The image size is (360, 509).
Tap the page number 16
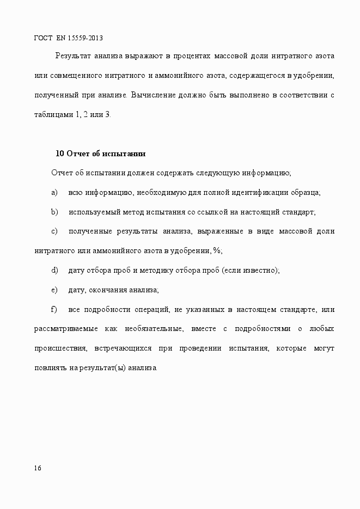coord(37,468)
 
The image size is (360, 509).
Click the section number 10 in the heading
coord(60,154)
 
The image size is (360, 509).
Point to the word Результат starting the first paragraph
coord(73,56)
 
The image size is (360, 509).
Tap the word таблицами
coord(52,115)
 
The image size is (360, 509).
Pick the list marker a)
coord(54,193)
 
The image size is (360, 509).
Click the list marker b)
coord(54,212)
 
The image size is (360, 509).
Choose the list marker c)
coord(54,231)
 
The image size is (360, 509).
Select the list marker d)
coord(54,271)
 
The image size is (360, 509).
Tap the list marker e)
coord(54,290)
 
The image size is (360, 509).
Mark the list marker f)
coord(53,310)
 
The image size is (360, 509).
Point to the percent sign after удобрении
coord(217,251)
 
